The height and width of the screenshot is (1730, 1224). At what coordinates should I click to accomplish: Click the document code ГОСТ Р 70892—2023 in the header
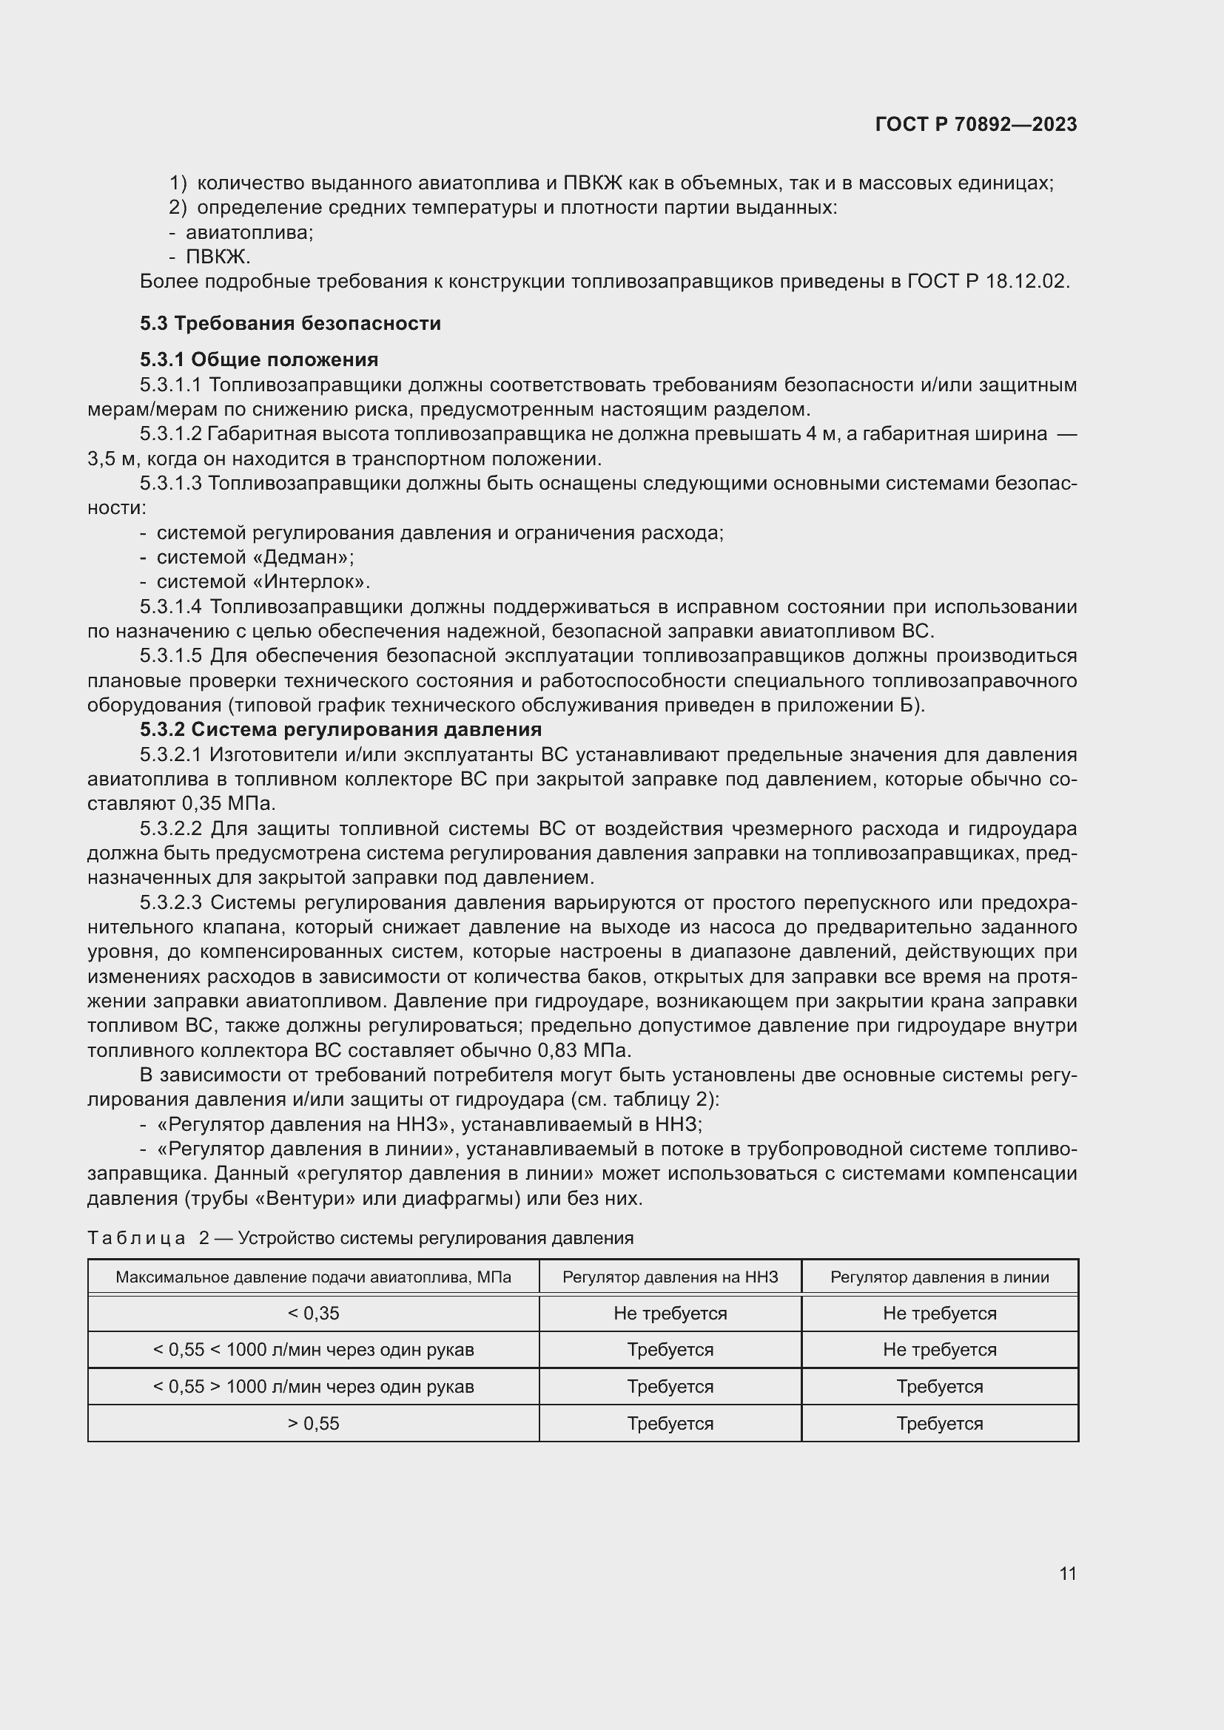975,124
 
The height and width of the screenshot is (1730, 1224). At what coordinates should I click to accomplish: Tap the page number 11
1067,1573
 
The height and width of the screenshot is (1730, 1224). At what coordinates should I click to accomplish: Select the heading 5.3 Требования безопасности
290,323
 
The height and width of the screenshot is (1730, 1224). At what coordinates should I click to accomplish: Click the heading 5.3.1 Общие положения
258,359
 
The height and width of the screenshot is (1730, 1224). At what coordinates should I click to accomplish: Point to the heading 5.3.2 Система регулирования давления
340,729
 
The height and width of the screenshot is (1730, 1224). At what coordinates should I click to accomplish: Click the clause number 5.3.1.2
170,434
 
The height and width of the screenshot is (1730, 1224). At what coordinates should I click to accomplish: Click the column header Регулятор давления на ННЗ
669,1277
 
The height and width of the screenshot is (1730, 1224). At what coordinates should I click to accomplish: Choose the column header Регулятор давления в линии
939,1277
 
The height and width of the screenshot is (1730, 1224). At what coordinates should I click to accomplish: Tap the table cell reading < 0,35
314,1314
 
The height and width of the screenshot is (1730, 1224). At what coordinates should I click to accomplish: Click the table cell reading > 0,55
314,1423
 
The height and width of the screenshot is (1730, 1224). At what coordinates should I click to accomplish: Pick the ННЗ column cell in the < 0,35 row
669,1314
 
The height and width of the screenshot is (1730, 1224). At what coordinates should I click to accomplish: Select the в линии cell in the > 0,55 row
939,1423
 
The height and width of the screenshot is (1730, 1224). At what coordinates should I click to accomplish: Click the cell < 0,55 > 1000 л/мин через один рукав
314,1386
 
